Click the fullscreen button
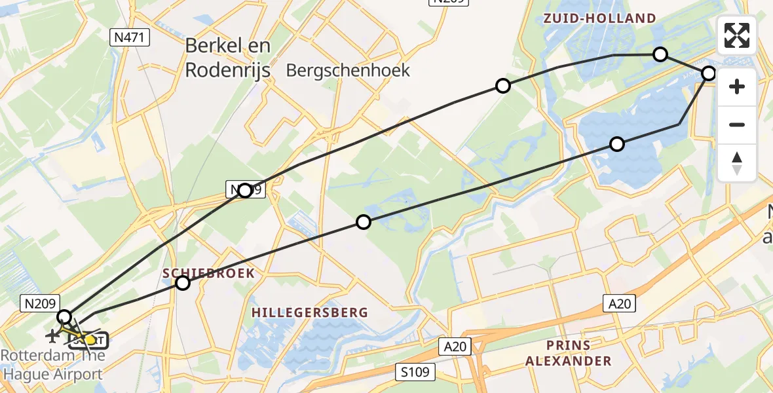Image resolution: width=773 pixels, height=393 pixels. [737, 35]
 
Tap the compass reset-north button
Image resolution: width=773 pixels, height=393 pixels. [737, 163]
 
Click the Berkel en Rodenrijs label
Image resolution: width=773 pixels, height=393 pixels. [227, 58]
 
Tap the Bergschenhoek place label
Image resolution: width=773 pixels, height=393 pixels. [349, 70]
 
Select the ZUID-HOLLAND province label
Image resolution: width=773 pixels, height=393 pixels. [599, 18]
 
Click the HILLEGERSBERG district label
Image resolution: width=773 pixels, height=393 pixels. [310, 313]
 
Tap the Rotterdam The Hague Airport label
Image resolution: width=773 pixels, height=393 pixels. [52, 365]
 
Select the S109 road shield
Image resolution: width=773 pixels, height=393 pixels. [415, 373]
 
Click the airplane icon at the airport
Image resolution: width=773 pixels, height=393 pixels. [51, 335]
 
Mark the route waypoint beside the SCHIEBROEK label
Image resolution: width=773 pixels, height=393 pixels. [183, 283]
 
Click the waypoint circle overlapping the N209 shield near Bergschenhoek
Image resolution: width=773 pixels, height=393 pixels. [245, 191]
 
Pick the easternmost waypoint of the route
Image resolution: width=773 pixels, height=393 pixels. [708, 73]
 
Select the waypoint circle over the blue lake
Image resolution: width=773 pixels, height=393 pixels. [616, 144]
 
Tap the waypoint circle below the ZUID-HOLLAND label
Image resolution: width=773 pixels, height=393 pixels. [660, 54]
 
